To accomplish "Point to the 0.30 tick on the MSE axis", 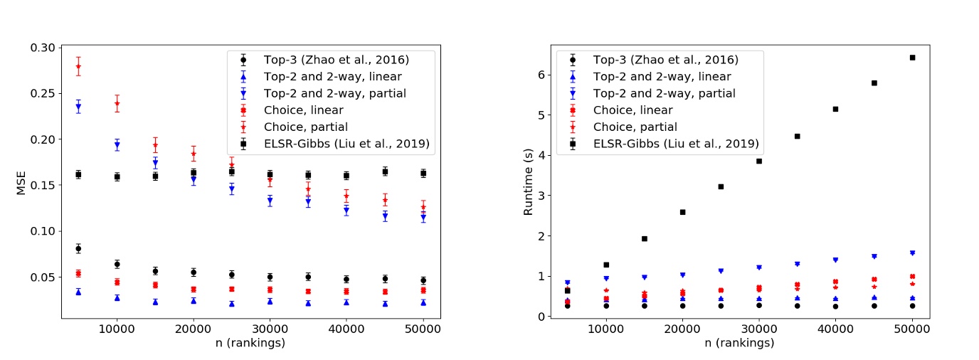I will [42, 48].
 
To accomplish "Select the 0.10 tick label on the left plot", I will [42, 231].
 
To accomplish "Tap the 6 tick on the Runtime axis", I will [541, 75].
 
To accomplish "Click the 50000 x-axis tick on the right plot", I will [913, 329].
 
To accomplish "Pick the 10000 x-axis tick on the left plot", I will [117, 329].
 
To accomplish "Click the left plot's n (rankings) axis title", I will [250, 343].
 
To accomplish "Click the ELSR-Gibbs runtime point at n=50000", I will [913, 58].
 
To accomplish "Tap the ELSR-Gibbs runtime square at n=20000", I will [682, 212].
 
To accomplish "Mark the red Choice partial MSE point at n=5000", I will [78, 66].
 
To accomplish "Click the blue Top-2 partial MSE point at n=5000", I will [78, 107].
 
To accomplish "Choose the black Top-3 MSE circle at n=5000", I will [78, 248].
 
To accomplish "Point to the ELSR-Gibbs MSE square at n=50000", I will [423, 173].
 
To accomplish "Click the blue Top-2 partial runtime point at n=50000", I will [913, 253].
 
